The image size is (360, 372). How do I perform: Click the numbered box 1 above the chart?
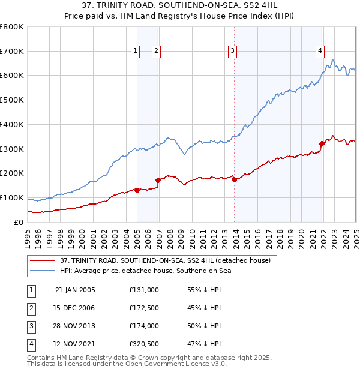coord(135,52)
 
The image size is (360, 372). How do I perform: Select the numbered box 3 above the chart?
coord(232,52)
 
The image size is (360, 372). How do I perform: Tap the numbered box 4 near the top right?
coord(320,52)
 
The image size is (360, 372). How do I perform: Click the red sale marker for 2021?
coord(322,143)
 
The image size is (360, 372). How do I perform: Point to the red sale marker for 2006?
coord(158,180)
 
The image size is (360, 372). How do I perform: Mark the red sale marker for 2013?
coord(234,179)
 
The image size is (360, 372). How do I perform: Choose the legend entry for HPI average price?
coord(145,271)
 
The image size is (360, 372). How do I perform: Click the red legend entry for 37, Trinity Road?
coord(165,260)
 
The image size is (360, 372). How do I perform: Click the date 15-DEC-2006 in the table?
coord(75,308)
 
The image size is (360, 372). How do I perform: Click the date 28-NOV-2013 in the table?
coord(75,326)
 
